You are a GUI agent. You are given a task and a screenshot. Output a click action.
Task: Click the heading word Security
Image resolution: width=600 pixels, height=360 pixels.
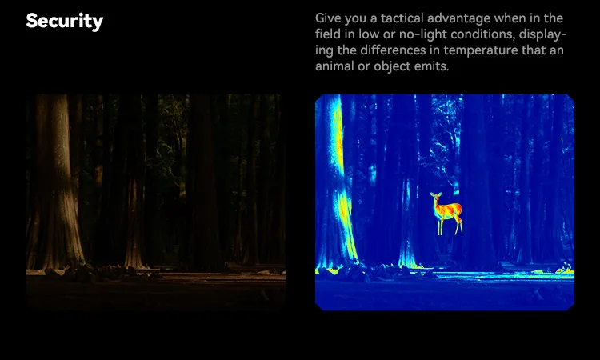[x=65, y=21]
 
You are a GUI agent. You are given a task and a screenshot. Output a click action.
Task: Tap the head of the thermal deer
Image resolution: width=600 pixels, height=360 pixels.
[x=435, y=196]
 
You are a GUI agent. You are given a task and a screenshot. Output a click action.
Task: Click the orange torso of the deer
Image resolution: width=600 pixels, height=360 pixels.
[x=449, y=210]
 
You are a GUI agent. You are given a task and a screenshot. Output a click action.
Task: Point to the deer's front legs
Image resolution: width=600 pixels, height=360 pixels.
[x=440, y=227]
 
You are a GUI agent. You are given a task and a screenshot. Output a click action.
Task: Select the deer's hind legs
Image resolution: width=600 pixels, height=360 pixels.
[x=458, y=226]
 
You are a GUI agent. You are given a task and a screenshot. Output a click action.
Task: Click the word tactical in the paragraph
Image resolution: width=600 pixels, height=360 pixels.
[x=402, y=18]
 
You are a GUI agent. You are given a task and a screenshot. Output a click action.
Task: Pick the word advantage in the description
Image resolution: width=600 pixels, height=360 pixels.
[x=459, y=19]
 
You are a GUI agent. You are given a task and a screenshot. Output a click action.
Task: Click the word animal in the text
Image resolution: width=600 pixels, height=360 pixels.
[x=332, y=66]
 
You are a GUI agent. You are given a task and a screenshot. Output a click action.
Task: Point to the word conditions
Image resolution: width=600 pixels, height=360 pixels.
[x=483, y=34]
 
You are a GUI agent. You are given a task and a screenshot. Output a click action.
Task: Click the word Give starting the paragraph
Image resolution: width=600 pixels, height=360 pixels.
[x=328, y=18]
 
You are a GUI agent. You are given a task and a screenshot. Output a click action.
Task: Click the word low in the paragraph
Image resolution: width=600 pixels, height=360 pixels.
[x=369, y=34]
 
